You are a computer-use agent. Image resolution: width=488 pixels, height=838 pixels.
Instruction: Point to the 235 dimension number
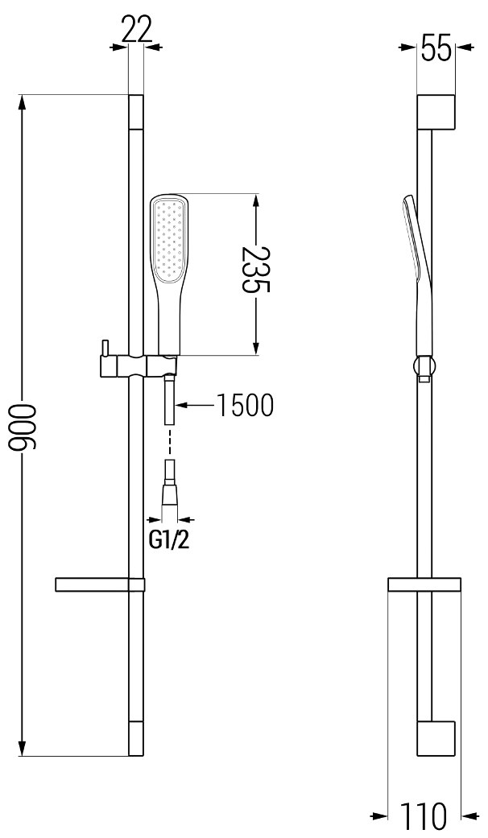(256, 270)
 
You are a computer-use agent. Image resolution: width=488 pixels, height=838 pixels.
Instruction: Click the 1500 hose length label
(246, 405)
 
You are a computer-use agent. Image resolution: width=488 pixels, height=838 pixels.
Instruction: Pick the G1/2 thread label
(169, 541)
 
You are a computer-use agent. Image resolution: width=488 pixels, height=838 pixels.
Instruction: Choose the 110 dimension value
(424, 816)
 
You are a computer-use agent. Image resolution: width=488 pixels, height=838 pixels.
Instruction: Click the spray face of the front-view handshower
(169, 239)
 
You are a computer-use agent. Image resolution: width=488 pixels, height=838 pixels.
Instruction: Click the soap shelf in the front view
(100, 584)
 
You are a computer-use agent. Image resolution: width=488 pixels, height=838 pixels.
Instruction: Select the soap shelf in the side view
(424, 584)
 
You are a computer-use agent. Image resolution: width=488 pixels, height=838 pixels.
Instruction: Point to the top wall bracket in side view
(436, 112)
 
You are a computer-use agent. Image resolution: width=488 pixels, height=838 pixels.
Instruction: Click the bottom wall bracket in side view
(436, 739)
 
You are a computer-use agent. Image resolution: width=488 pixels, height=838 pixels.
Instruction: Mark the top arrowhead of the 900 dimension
(23, 104)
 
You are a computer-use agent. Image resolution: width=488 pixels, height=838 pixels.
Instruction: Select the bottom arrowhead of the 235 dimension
(256, 345)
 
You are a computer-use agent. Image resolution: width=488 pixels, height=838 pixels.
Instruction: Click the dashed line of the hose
(170, 441)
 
